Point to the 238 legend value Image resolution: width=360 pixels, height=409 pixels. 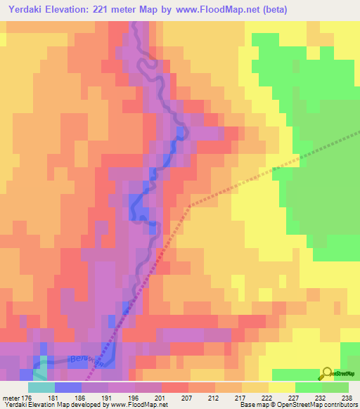[x=347, y=397]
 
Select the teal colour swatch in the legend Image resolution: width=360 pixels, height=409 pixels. [x=41, y=387]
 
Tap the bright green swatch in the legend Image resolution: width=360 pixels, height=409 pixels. [x=308, y=387]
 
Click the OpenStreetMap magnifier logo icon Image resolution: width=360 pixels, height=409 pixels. [x=328, y=374]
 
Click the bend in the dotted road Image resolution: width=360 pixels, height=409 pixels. [x=189, y=206]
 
